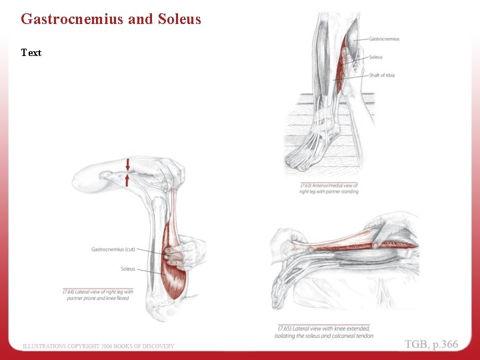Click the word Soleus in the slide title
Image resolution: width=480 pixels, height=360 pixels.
click(179, 19)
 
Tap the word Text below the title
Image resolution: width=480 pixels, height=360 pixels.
click(31, 53)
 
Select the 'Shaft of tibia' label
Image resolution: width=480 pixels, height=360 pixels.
click(381, 75)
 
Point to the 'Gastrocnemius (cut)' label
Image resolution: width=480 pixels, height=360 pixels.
click(113, 249)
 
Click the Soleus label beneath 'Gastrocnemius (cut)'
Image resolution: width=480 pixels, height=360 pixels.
click(127, 269)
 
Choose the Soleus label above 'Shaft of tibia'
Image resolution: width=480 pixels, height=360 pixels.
click(375, 57)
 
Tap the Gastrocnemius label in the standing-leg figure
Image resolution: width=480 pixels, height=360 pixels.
click(384, 39)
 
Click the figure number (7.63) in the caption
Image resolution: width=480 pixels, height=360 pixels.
click(307, 185)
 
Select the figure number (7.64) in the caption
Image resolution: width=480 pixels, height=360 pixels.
click(70, 292)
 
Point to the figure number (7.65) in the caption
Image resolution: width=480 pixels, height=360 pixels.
click(285, 329)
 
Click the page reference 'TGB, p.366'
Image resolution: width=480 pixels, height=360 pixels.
click(431, 344)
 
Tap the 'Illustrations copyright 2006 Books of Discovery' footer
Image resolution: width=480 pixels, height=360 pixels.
click(99, 346)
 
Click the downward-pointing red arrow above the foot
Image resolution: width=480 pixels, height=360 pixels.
click(128, 164)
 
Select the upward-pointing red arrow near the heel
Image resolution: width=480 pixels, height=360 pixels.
click(128, 179)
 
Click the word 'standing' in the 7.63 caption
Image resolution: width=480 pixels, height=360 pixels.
click(347, 192)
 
